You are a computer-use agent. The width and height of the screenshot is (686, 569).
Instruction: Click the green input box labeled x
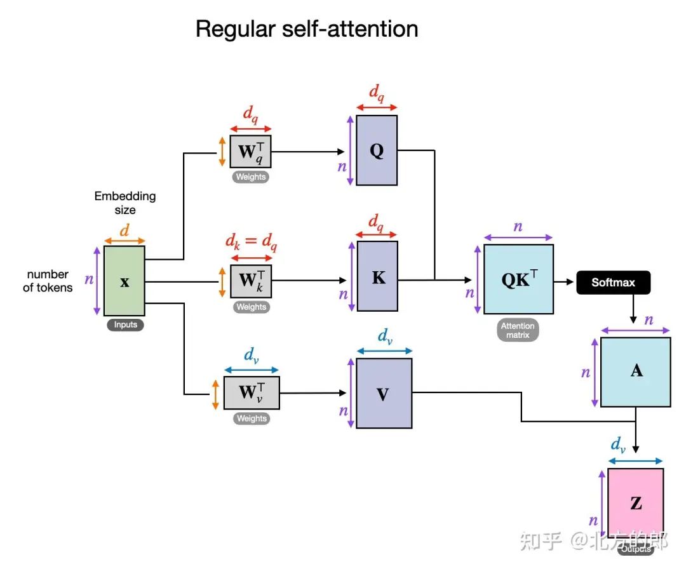coord(124,281)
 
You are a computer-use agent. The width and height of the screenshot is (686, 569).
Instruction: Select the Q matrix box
coord(377,151)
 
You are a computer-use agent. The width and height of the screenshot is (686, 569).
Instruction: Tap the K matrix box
coord(377,276)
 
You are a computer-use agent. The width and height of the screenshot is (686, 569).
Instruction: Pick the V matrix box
coord(384,394)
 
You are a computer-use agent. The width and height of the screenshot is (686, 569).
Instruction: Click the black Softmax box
coord(613,282)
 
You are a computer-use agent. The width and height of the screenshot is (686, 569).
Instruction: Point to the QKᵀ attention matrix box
coord(518,279)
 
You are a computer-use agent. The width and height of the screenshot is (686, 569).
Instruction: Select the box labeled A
coord(635,372)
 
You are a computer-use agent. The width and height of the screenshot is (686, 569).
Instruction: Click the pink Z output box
coord(635,503)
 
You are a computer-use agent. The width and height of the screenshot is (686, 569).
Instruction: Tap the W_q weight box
coord(251,152)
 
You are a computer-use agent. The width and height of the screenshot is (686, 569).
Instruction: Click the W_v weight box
coord(251,392)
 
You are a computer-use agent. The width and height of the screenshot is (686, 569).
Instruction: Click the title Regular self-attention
coord(307,29)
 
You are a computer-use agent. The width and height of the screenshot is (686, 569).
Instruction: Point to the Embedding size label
coord(125,203)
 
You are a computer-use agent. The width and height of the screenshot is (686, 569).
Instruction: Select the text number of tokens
coord(48,281)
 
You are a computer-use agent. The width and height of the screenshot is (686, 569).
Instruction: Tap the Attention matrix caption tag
coord(518,330)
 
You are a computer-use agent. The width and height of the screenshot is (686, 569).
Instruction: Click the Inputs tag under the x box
coord(125,325)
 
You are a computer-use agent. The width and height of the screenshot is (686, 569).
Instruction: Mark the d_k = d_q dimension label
coord(252,242)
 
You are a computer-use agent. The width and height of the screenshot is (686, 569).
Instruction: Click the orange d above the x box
coord(124,230)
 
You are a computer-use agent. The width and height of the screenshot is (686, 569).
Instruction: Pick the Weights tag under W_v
coord(252,418)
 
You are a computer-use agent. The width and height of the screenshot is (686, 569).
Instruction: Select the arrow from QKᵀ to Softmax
coord(564,280)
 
